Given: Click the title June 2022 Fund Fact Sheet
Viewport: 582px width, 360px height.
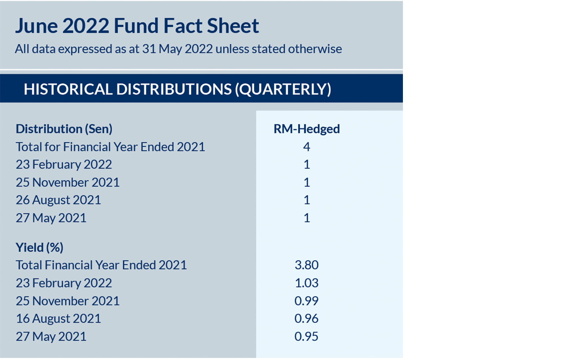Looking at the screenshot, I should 137,26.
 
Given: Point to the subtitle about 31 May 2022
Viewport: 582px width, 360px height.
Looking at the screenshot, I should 178,49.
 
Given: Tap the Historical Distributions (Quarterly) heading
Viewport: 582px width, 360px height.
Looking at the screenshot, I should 177,89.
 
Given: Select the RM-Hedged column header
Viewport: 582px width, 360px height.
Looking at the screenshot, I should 306,129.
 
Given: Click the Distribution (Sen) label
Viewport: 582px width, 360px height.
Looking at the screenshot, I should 64,129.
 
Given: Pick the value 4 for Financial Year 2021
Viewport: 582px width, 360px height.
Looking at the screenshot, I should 306,147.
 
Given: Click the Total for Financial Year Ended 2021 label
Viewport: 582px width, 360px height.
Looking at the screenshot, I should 110,147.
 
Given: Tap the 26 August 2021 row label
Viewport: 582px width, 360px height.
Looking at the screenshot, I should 58,200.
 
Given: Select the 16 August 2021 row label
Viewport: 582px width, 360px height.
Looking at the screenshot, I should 58,318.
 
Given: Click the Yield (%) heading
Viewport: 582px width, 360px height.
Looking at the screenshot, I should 40,247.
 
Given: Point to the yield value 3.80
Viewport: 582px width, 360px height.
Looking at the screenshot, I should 306,265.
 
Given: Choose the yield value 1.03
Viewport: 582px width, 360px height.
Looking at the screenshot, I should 306,283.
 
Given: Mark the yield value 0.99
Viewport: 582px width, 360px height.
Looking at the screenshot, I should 306,301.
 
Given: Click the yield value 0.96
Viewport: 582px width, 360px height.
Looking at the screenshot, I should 306,318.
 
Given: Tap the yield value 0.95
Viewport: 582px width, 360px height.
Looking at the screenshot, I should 306,336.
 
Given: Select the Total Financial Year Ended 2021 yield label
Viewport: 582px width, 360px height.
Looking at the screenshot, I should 101,265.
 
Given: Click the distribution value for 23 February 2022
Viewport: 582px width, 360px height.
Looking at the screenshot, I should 306,164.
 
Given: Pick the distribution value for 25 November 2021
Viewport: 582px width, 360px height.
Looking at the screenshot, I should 306,182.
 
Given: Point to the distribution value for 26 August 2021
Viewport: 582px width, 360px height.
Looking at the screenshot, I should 306,200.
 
